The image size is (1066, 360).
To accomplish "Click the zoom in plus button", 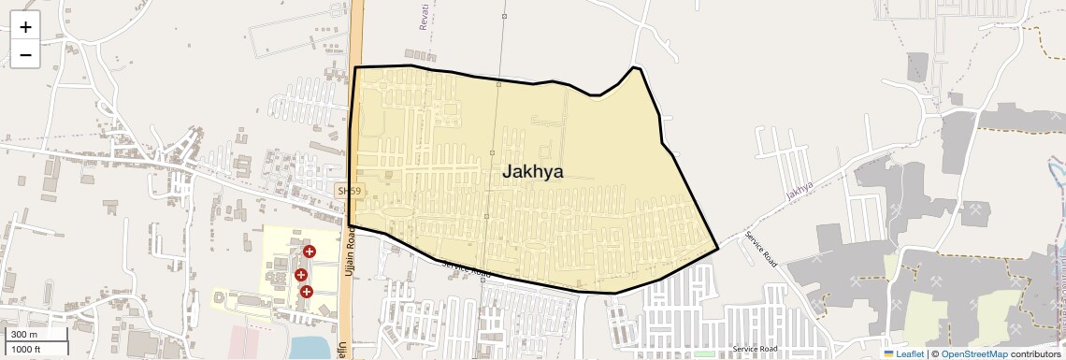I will [25, 27].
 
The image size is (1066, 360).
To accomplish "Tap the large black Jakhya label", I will [532, 172].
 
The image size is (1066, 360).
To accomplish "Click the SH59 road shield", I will [349, 191].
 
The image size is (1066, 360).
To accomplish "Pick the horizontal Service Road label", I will [756, 349].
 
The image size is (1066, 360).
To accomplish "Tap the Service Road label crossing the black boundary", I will [466, 268].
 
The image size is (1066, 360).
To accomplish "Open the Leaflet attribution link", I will [909, 353].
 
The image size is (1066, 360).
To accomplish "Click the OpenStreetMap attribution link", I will [973, 353].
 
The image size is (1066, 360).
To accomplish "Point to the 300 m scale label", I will [24, 335].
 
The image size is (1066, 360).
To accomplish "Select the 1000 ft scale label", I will [27, 349].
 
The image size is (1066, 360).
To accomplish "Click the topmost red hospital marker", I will [309, 252].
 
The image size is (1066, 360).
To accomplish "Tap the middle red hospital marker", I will [301, 275].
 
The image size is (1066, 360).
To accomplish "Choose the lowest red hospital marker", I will [306, 292].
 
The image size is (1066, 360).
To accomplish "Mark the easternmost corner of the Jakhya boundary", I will [717, 249].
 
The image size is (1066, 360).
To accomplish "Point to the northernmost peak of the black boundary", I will [635, 67].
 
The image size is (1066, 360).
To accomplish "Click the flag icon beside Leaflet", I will [889, 353].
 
